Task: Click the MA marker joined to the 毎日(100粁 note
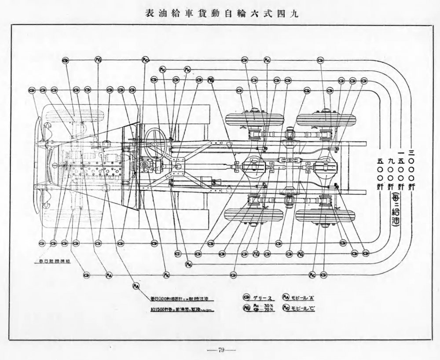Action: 136,286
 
